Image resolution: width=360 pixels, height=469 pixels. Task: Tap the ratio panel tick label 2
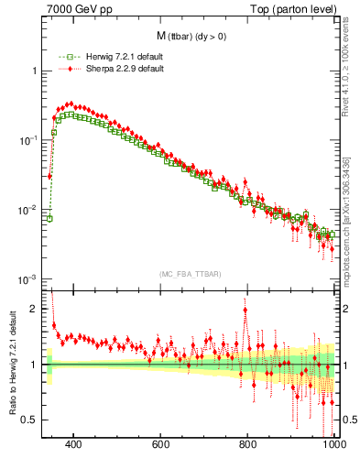pyautogui.click(x=34, y=309)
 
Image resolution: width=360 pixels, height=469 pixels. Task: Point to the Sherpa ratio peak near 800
pyautogui.click(x=245, y=310)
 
